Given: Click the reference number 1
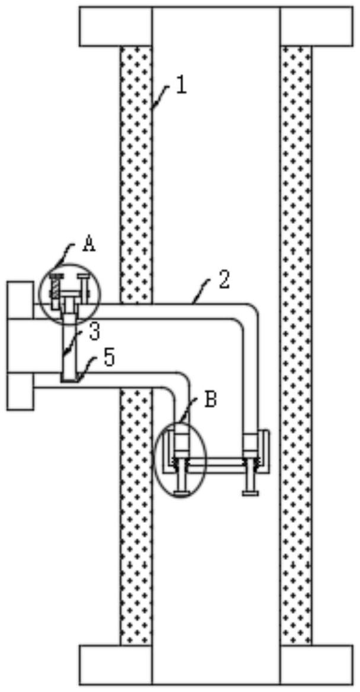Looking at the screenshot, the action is pos(181,85).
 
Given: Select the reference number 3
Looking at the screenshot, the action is pos(94,332).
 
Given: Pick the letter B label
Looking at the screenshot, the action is pos(211,400).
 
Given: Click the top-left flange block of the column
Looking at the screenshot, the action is pos(116,27).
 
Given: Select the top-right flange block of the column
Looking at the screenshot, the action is pos(316,27).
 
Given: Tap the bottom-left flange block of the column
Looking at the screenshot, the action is pos(116,664).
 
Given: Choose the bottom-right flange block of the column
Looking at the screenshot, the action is pos(316,664).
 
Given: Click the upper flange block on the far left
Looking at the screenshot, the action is pos(20,300).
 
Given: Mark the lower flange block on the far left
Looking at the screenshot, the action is pos(20,391).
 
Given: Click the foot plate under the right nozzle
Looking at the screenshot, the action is pos(250,493).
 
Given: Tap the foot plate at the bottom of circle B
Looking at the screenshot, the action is pos(182,493).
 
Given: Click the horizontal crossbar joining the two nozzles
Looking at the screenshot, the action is pos(216,462).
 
